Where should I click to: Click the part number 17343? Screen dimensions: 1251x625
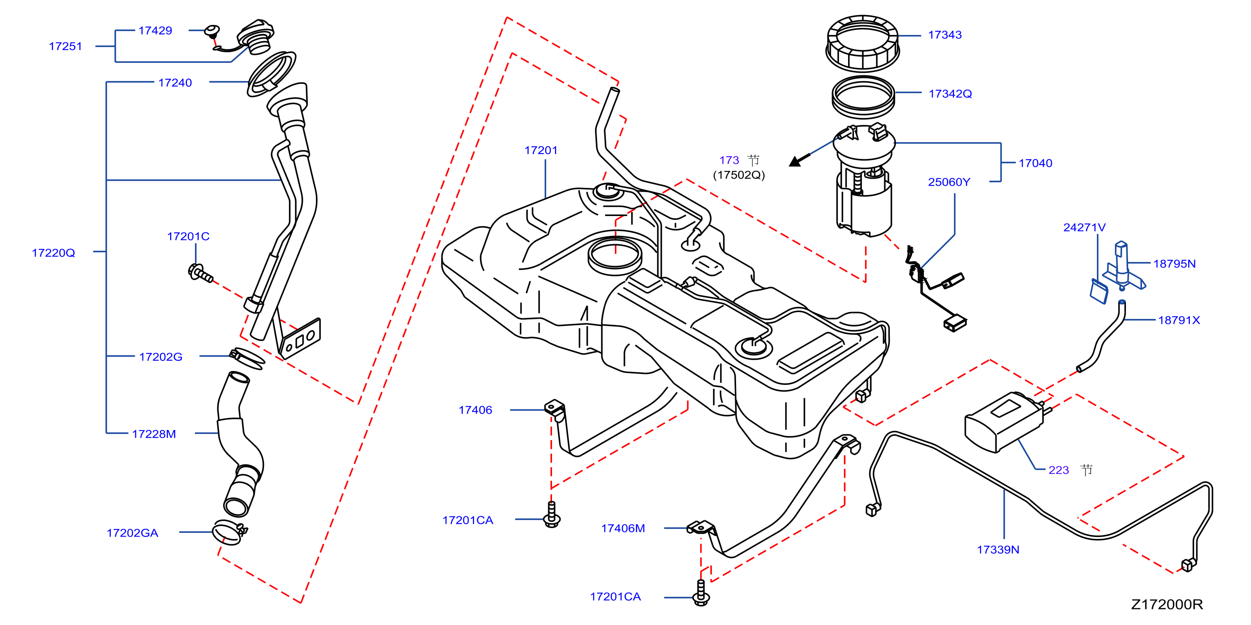(944, 35)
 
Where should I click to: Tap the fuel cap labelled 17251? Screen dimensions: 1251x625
(256, 36)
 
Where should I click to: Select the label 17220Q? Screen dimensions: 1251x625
(53, 253)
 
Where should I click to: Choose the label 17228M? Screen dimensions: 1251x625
(154, 434)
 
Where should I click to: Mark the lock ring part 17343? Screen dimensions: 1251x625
(862, 43)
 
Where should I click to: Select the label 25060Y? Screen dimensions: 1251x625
(949, 182)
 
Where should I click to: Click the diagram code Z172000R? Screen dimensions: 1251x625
(1167, 605)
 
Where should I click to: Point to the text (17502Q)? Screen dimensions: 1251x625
(739, 175)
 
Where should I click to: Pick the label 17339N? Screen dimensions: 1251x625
(998, 550)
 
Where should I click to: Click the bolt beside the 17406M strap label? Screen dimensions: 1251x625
(701, 593)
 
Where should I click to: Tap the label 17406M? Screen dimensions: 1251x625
(623, 529)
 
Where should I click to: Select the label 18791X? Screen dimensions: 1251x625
(1179, 321)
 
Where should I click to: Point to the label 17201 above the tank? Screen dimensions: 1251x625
(541, 150)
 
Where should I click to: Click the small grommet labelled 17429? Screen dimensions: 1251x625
(211, 31)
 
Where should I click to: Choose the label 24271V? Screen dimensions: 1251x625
(1084, 227)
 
